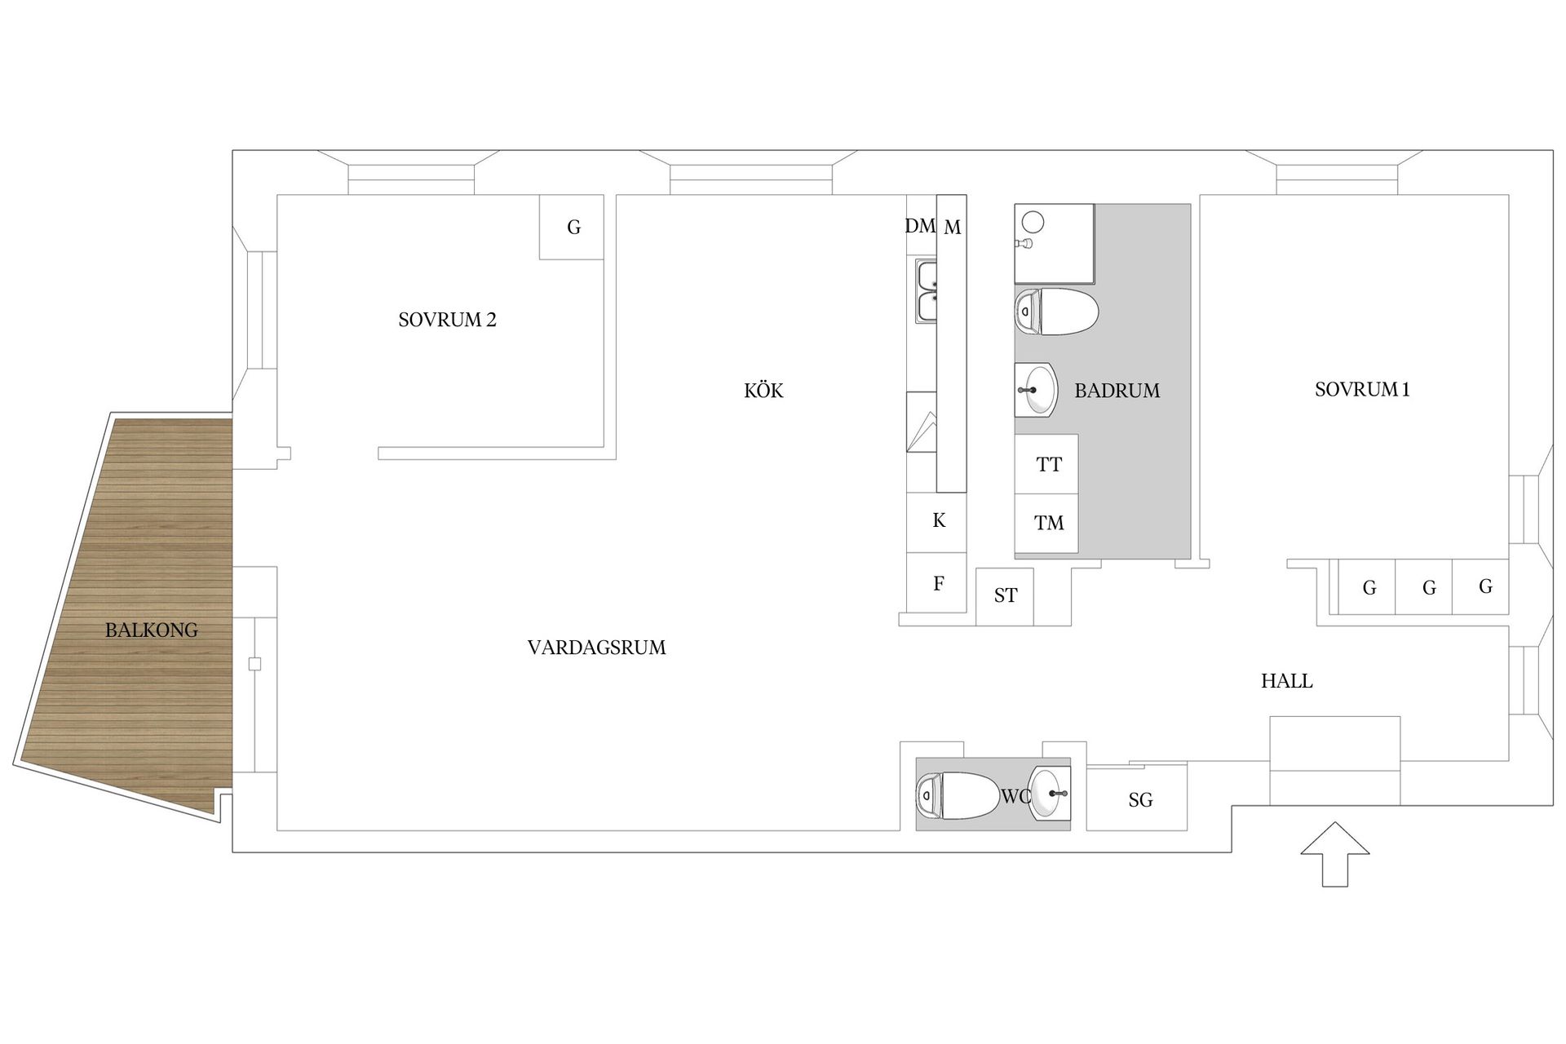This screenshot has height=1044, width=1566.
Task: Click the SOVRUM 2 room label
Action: tap(447, 320)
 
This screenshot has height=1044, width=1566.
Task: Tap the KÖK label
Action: tap(763, 391)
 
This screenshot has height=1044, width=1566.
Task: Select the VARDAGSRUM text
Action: tap(596, 648)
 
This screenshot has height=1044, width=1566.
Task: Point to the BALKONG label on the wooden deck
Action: tap(152, 630)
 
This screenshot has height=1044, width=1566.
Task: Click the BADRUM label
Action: tap(1117, 391)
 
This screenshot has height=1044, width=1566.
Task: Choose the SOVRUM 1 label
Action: tap(1361, 390)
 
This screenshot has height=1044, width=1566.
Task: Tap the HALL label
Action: tap(1286, 681)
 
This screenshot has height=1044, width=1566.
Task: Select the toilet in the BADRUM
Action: tap(1056, 312)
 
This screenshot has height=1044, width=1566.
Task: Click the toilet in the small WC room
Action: tap(958, 795)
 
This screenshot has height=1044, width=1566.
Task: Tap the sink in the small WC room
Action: tap(1049, 793)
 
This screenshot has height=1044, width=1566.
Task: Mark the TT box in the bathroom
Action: tap(1048, 464)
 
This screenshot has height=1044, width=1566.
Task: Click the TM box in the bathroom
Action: tap(1048, 523)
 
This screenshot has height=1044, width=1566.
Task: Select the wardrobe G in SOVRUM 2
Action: tap(573, 228)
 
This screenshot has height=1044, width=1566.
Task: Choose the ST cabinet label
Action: tap(1005, 596)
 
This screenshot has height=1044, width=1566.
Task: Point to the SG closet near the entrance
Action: tap(1139, 800)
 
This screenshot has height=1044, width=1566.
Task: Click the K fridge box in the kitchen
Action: tap(938, 521)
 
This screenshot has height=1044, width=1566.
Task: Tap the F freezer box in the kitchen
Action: tap(938, 583)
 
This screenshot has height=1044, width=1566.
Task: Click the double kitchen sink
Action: tap(927, 291)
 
